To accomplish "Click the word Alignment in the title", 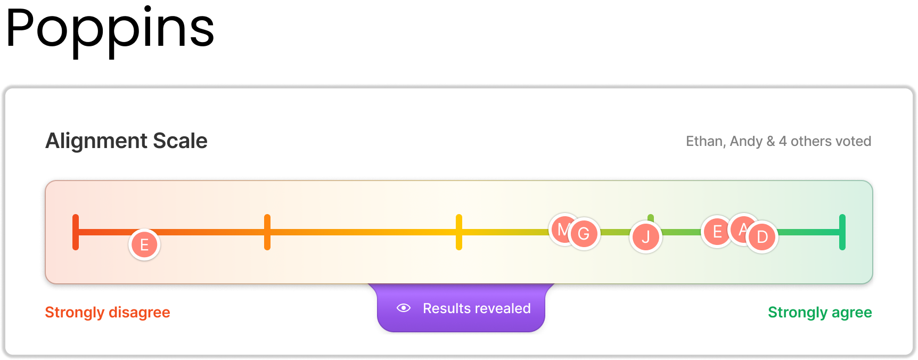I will pyautogui.click(x=96, y=141).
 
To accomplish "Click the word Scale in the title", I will pyautogui.click(x=180, y=141).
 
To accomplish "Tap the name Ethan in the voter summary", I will pyautogui.click(x=704, y=141).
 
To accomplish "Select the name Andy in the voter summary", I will pyautogui.click(x=746, y=141).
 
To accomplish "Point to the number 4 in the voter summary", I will pyautogui.click(x=782, y=141).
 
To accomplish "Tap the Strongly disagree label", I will pyautogui.click(x=108, y=312).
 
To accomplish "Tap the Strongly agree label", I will pyautogui.click(x=819, y=312).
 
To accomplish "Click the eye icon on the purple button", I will pyautogui.click(x=404, y=308).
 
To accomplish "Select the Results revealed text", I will pyautogui.click(x=477, y=308).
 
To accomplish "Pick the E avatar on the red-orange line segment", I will pyautogui.click(x=144, y=245).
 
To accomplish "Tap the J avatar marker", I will pyautogui.click(x=646, y=237).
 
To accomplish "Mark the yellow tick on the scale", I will pyautogui.click(x=459, y=232).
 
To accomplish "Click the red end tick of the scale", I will pyautogui.click(x=76, y=232).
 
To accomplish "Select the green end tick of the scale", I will pyautogui.click(x=842, y=232).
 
